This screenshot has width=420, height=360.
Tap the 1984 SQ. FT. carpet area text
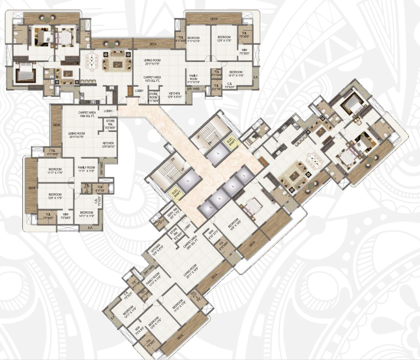click(87, 114)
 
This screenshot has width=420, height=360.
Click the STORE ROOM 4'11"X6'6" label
click(153, 96)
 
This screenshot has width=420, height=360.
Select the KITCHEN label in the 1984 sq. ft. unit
click(108, 144)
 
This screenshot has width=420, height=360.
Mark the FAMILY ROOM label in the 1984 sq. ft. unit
click(86, 169)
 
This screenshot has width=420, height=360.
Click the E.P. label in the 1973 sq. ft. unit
click(256, 77)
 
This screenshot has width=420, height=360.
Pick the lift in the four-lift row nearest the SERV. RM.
click(206, 211)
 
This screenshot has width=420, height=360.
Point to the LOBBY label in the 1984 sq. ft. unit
click(108, 111)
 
